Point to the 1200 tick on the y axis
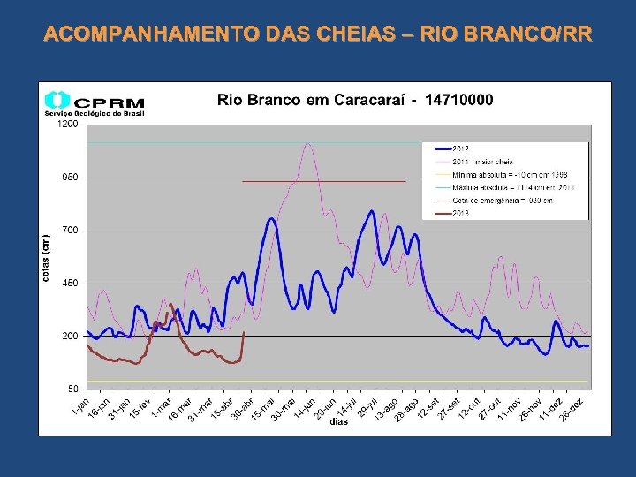point(68,125)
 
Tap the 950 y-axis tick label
point(70,178)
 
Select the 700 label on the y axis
point(70,231)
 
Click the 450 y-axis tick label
point(70,284)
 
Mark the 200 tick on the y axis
point(70,337)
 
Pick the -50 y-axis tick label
point(70,390)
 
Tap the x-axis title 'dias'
point(339,422)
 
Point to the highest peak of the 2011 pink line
point(307,143)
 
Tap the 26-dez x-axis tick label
point(573,407)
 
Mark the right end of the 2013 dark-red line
point(244,332)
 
